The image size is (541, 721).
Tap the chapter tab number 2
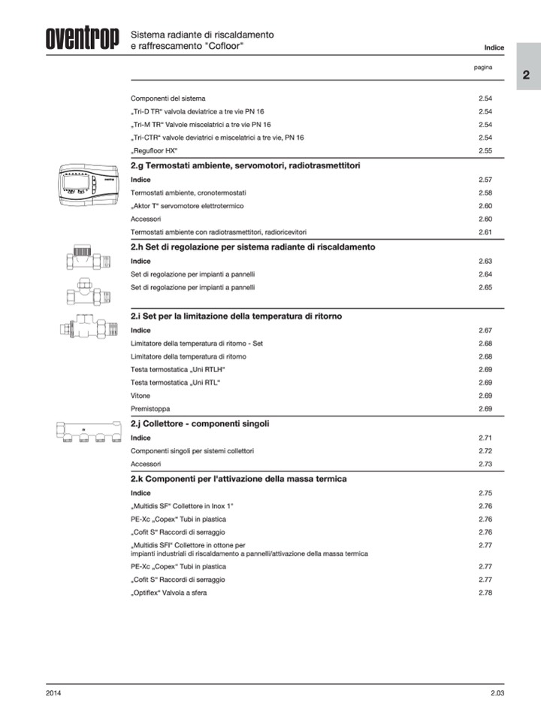tap(527, 75)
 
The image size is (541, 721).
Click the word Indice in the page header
tap(494, 47)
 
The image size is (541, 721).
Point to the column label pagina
tap(483, 68)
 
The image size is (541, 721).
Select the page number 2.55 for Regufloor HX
tap(485, 151)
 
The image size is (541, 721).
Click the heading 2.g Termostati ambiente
tap(246, 165)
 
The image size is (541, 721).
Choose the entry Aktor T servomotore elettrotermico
tap(186, 205)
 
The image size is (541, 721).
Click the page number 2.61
tap(485, 232)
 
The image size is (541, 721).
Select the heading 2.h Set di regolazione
tap(253, 247)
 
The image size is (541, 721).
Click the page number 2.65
tap(485, 287)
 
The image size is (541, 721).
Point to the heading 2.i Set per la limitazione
tap(236, 317)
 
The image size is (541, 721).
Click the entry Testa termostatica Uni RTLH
tap(178, 369)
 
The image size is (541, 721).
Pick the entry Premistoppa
tap(150, 408)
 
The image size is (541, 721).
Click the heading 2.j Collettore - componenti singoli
tap(200, 423)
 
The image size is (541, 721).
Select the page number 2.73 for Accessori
tap(485, 464)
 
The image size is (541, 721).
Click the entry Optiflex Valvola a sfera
tap(168, 593)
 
